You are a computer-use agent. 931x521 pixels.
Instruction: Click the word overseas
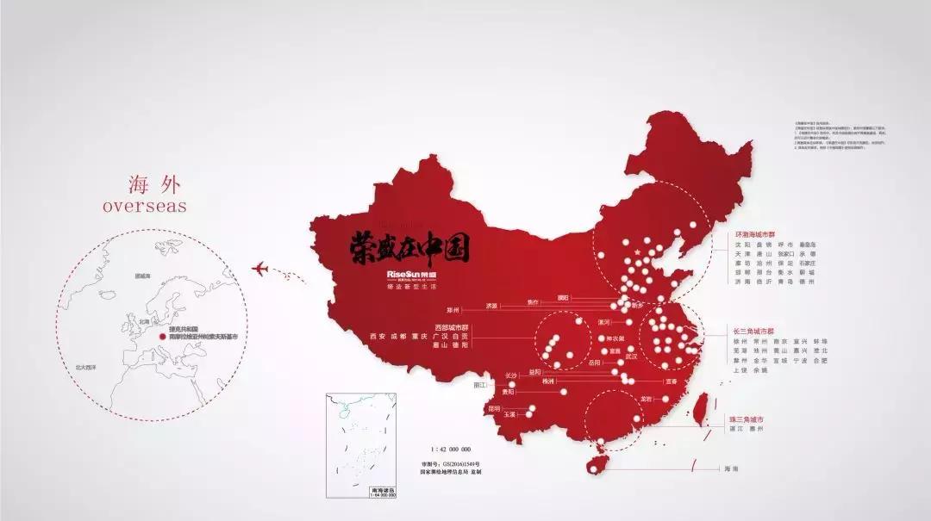coord(144,207)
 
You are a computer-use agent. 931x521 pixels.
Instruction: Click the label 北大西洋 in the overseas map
coord(85,367)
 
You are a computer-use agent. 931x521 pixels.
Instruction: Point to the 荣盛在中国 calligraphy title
coord(409,248)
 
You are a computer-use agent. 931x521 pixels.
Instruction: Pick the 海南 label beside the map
coord(731,468)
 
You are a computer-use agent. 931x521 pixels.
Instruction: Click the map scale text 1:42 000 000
coord(451,450)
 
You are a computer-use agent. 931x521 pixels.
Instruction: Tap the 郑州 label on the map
coord(453,309)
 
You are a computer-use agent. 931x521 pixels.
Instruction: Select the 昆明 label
coord(494,408)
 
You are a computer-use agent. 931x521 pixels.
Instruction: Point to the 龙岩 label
coord(646,400)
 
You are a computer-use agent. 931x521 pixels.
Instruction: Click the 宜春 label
coord(670,380)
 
